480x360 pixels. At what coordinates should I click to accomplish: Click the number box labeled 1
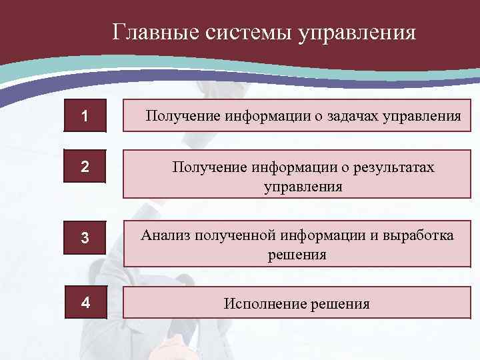[x=84, y=116]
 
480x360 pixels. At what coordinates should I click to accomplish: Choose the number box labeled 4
[x=85, y=302]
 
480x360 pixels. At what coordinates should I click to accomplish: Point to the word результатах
[x=389, y=167]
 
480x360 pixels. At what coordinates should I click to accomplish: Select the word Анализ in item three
[x=165, y=236]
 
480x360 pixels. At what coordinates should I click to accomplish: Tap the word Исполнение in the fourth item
[x=264, y=304]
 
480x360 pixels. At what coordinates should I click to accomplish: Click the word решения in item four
[x=339, y=304]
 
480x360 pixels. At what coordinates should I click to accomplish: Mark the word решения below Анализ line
[x=297, y=254]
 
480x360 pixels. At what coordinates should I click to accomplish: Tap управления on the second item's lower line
[x=303, y=187]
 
